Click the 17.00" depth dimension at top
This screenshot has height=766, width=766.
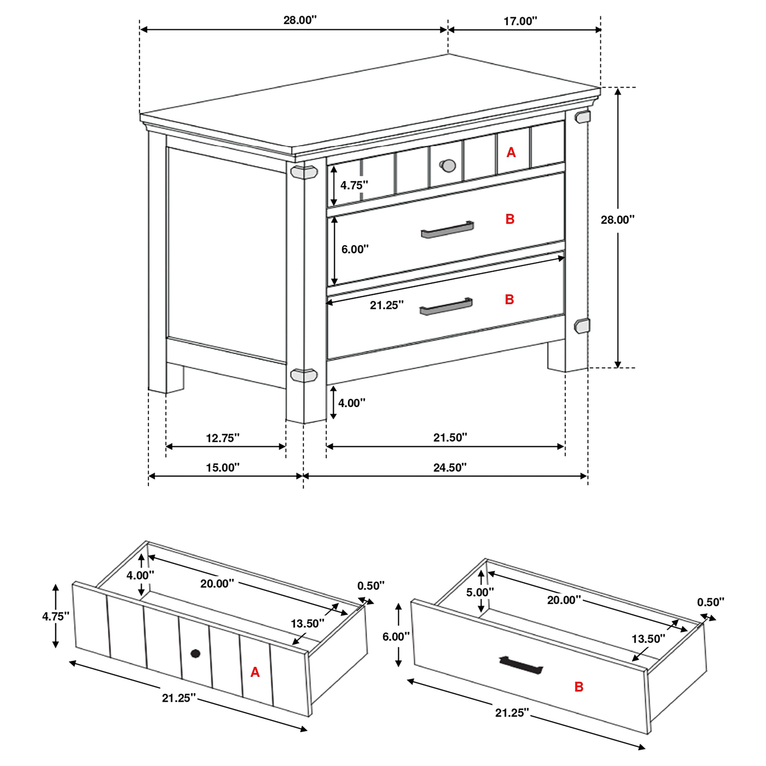coord(520,21)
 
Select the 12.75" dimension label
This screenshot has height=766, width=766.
coord(222,438)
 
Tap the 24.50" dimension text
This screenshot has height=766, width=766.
coord(449,468)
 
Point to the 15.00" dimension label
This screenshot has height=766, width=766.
coord(222,468)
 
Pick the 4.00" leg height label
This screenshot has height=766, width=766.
coord(351,403)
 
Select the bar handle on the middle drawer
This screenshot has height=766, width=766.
coord(447,230)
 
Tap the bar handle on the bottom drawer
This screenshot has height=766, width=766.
coord(446,306)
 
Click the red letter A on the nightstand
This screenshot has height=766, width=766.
coord(511,152)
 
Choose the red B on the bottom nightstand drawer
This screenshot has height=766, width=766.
coord(510,299)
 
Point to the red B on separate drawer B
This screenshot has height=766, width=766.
coord(578,687)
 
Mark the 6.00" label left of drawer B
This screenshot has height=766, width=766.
coord(395,637)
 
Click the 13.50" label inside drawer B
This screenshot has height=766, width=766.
coord(648,639)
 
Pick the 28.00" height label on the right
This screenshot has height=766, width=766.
coord(617,220)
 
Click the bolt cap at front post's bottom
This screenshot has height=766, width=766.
coord(304,375)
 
